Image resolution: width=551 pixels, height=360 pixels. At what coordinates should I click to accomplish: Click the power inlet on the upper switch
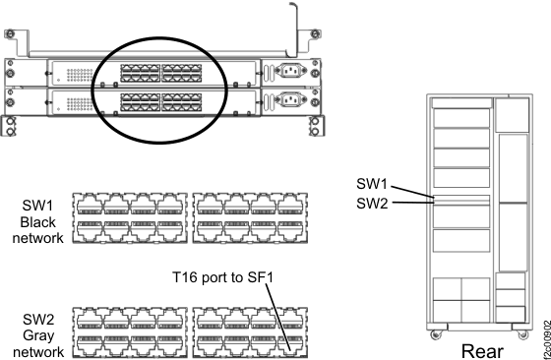coord(292,71)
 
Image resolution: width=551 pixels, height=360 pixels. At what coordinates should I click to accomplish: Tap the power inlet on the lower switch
coord(292,99)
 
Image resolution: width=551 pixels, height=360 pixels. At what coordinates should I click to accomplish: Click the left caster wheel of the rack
coord(436,332)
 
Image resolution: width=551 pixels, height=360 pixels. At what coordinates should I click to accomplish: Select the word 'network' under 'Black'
coord(40,238)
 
